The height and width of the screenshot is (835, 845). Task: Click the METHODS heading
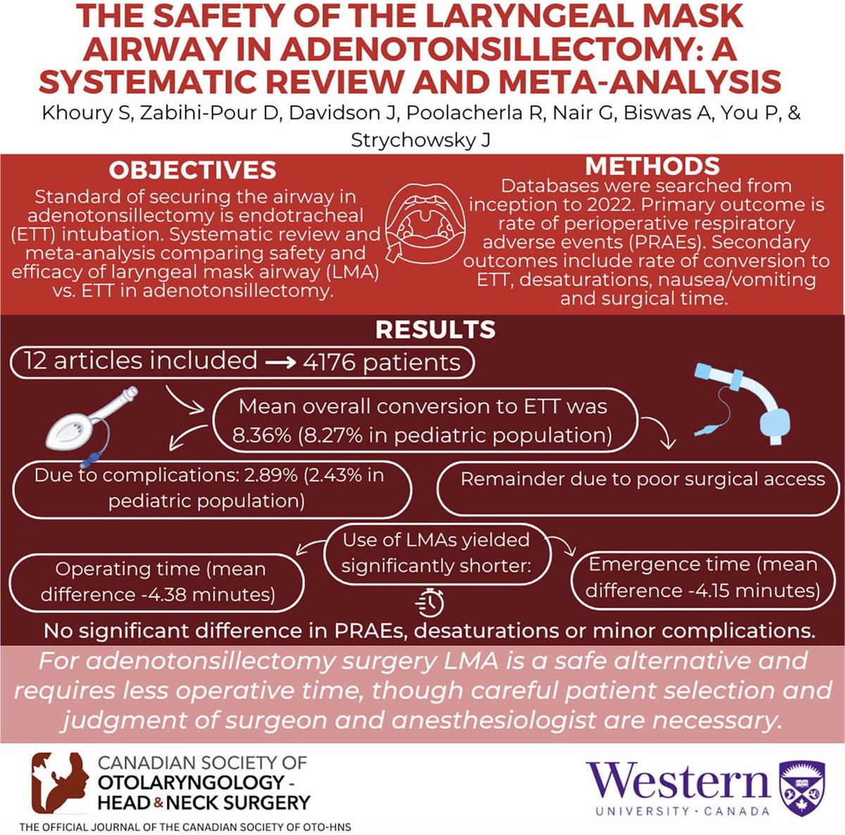tap(652, 165)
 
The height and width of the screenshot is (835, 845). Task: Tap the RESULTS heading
tap(435, 329)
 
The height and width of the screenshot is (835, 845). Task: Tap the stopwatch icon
tap(431, 601)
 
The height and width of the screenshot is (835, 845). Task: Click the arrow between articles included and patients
tap(280, 363)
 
